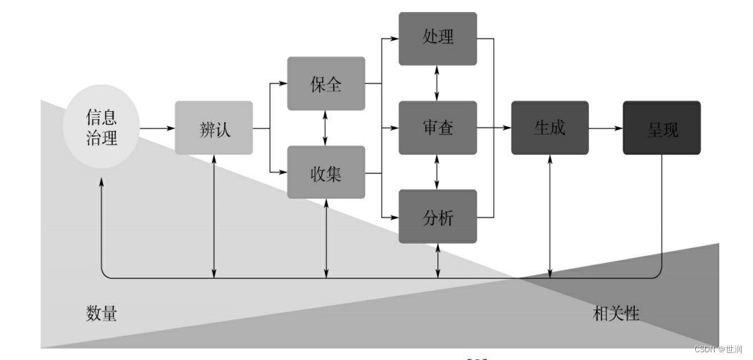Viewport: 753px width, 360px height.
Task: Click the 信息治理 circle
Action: click(x=102, y=128)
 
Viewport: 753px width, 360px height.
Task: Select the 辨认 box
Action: click(x=213, y=128)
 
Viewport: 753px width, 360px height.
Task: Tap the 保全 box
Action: click(x=325, y=84)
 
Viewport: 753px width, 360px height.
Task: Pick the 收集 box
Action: click(x=325, y=173)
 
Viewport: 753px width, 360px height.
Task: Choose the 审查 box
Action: click(x=437, y=128)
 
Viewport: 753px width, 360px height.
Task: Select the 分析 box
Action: click(x=437, y=217)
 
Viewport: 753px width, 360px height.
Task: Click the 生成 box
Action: click(x=549, y=128)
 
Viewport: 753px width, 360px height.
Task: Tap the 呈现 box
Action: click(x=661, y=128)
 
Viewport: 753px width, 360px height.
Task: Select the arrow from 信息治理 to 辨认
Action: click(x=157, y=128)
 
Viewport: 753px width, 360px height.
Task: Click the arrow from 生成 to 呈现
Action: click(x=605, y=128)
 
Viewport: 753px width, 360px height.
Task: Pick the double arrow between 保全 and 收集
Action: click(x=325, y=128)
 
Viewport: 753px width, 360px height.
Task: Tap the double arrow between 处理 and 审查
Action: click(x=437, y=83)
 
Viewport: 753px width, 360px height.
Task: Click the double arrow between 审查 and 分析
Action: click(x=437, y=173)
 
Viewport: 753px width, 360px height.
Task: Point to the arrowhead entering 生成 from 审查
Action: click(x=507, y=128)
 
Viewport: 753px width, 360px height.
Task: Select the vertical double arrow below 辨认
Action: click(x=213, y=215)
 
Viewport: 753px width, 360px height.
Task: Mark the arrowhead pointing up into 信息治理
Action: click(x=102, y=182)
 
